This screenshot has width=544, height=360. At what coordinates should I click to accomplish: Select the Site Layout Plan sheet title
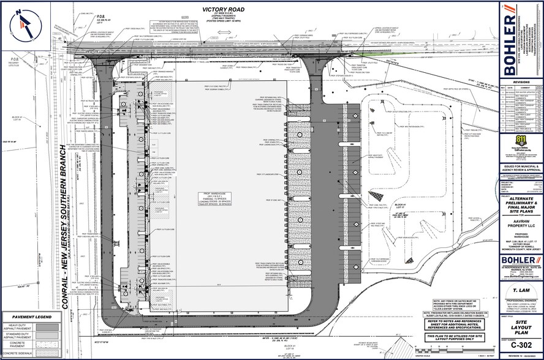(x=521, y=328)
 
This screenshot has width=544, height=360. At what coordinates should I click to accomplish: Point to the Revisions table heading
(x=522, y=81)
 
